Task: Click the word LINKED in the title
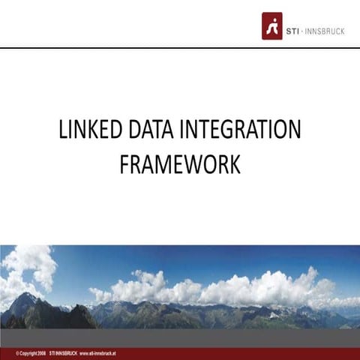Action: (88, 130)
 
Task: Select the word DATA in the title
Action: (151, 130)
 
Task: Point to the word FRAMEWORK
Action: (180, 163)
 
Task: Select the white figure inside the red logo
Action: (271, 25)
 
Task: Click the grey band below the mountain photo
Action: (180, 337)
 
